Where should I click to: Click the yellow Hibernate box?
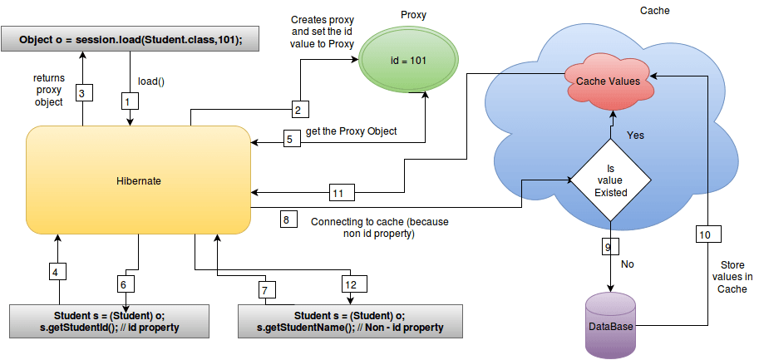point(140,180)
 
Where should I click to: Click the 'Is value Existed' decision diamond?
point(610,180)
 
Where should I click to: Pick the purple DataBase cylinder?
point(610,326)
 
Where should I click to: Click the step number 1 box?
point(127,100)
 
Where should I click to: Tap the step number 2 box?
point(301,108)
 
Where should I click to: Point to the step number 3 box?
point(81,91)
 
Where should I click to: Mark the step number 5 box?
point(288,140)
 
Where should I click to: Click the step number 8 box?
point(286,220)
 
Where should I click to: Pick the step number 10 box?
point(704,235)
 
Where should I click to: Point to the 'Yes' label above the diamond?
point(634,135)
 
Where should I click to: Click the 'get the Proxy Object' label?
point(351,131)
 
